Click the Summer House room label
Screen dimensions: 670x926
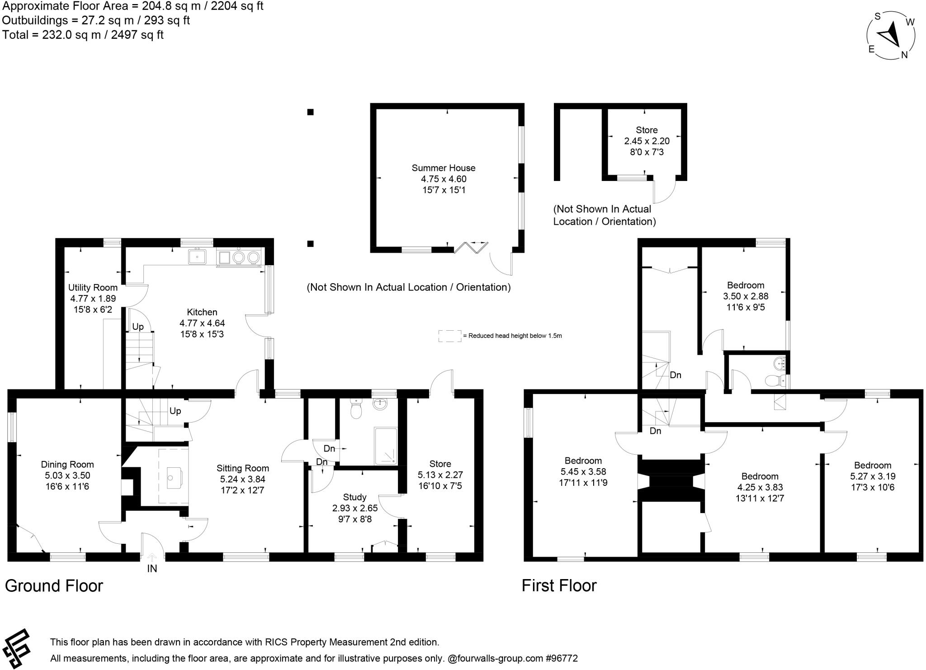tap(443, 168)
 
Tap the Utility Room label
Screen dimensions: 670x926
tap(93, 287)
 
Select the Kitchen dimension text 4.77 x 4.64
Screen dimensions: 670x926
tap(202, 323)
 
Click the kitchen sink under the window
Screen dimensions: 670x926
tap(197, 257)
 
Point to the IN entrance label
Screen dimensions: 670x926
tap(152, 569)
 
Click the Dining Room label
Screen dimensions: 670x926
tap(67, 464)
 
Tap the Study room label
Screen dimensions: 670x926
tap(355, 497)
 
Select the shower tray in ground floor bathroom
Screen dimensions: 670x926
tap(386, 446)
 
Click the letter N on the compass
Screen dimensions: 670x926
tap(904, 55)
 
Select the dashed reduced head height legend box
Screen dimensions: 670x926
tap(449, 336)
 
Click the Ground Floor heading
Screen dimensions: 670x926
tap(54, 586)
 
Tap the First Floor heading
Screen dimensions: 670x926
tap(559, 585)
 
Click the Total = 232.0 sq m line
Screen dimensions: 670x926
tap(83, 35)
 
